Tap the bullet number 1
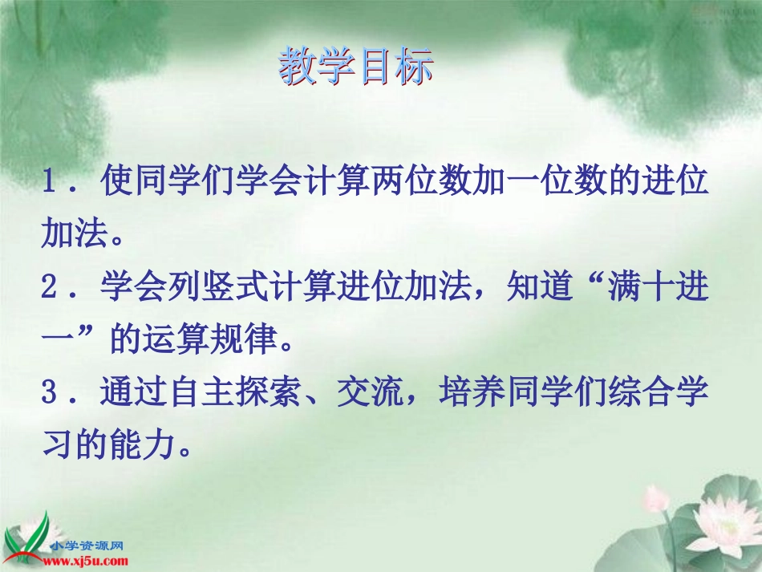[52, 183]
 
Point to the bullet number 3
[52, 392]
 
